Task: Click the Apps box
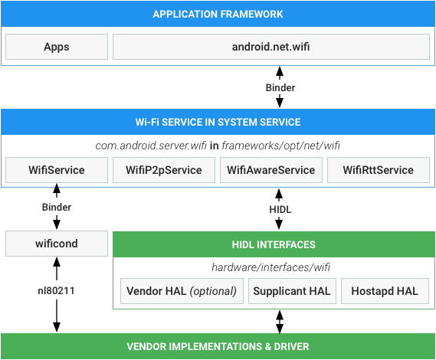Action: pyautogui.click(x=57, y=47)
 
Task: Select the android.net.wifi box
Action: pyautogui.click(x=271, y=47)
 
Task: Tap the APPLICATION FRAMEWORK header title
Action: pyautogui.click(x=218, y=15)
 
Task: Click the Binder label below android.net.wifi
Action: pyautogui.click(x=280, y=87)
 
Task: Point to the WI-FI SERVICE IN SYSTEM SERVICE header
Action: pyautogui.click(x=218, y=122)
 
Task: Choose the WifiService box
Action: pyautogui.click(x=57, y=170)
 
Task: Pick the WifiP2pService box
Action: pyautogui.click(x=164, y=170)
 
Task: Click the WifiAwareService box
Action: pyautogui.click(x=271, y=170)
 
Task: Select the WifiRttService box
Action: pyautogui.click(x=378, y=170)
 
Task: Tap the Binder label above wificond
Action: pyautogui.click(x=57, y=207)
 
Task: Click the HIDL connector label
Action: pyautogui.click(x=280, y=208)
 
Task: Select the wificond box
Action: pyautogui.click(x=57, y=244)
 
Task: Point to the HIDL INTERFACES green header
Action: pyautogui.click(x=274, y=244)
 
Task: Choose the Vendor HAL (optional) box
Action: pyautogui.click(x=182, y=291)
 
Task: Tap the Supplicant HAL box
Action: pyautogui.click(x=293, y=291)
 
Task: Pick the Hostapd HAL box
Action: pyautogui.click(x=385, y=291)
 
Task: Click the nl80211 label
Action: pyautogui.click(x=57, y=291)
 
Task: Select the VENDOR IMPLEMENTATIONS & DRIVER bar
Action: pyautogui.click(x=218, y=346)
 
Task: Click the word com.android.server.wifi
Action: pyautogui.click(x=150, y=145)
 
